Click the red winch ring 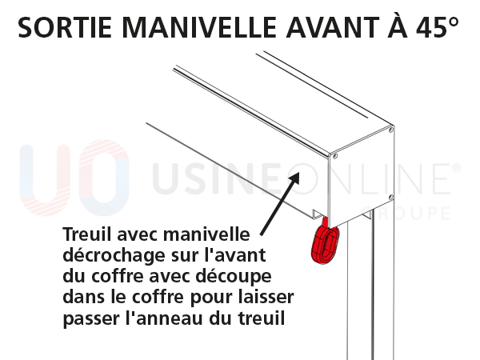tap(325, 243)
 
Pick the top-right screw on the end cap tap(390, 128)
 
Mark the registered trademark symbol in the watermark tap(457, 169)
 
